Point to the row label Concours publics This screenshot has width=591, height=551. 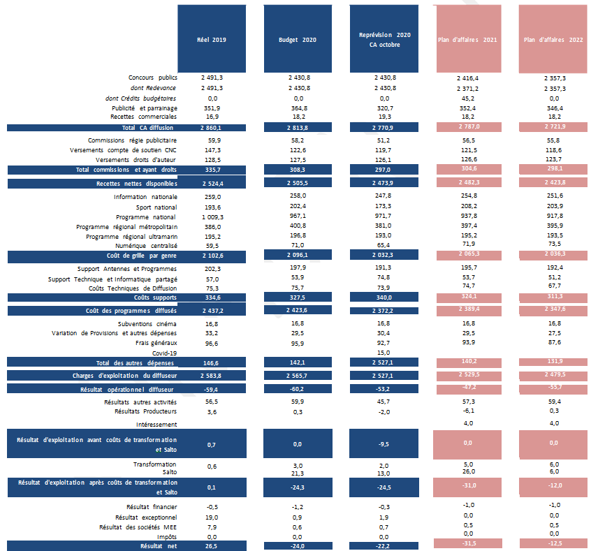(x=153, y=78)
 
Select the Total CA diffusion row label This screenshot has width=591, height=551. (x=147, y=128)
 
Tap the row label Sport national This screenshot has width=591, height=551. (x=156, y=207)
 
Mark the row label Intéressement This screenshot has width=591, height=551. (x=156, y=424)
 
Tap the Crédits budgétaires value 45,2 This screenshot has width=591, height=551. (x=468, y=98)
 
